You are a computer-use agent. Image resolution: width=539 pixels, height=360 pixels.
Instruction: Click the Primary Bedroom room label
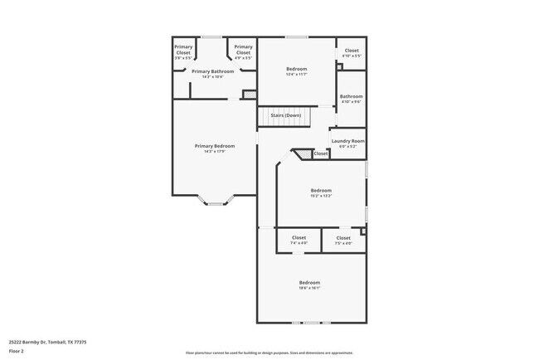tap(215, 146)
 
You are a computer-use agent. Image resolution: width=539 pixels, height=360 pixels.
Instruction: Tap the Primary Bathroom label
tap(213, 71)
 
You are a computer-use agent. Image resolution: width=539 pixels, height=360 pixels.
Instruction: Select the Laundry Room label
tap(348, 140)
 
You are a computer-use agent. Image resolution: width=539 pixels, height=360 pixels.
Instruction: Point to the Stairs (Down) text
tap(285, 115)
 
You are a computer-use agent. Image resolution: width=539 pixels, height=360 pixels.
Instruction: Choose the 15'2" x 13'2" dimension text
tap(321, 196)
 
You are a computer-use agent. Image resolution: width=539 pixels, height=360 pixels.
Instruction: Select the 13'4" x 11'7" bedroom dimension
tap(297, 75)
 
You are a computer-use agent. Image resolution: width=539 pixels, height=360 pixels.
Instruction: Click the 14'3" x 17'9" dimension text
tap(215, 152)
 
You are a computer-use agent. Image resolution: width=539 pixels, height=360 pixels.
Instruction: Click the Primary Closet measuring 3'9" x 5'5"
tap(183, 52)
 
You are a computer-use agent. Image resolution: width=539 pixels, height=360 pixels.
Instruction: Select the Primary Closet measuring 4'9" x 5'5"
tap(243, 52)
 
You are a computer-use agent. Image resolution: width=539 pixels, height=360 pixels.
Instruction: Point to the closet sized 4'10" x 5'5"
tap(352, 52)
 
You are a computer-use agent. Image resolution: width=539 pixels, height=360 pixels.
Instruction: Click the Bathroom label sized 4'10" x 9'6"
tap(351, 99)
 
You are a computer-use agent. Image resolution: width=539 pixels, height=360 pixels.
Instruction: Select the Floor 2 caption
tap(17, 352)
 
